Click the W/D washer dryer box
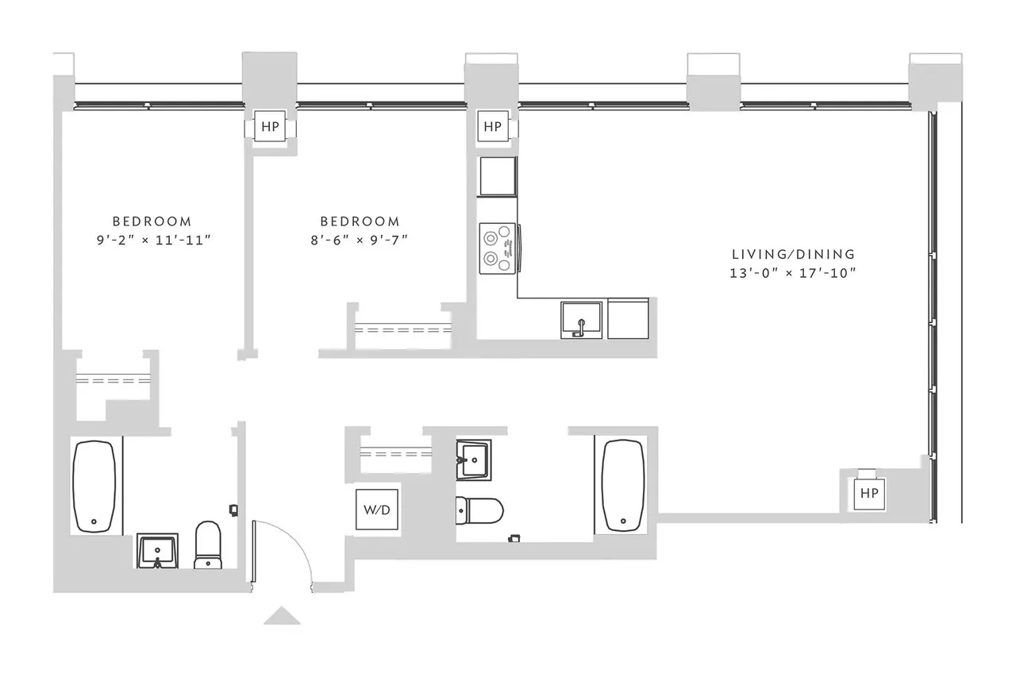377,510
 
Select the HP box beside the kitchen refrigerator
493,127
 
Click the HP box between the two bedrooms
270,127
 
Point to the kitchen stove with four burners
498,247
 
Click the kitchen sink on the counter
582,319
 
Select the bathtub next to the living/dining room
623,485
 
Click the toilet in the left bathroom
208,545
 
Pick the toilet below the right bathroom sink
479,510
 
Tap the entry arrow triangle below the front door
282,616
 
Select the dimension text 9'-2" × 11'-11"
152,240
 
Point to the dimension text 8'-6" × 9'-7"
360,240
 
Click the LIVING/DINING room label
793,255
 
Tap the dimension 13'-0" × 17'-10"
793,273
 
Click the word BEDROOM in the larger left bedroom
152,221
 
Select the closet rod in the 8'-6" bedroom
402,329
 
